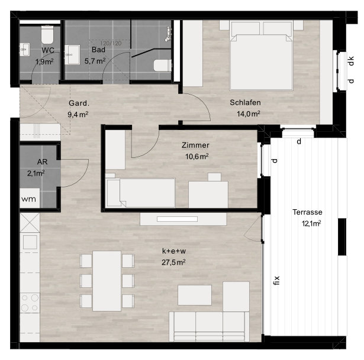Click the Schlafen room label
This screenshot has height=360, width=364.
[245, 102]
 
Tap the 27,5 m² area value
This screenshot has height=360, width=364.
[173, 262]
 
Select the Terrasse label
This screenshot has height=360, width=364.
[307, 212]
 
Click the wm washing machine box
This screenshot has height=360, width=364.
[30, 198]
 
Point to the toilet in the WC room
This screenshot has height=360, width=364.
[47, 34]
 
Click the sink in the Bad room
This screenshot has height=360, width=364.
[72, 55]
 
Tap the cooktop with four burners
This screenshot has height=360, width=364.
[30, 303]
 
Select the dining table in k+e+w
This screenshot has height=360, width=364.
[107, 281]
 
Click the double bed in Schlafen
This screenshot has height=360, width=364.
[261, 55]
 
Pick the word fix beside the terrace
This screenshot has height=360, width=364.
[276, 280]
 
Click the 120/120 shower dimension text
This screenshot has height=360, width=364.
[111, 43]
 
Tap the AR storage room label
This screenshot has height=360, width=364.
[42, 162]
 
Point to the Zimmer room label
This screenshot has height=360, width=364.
[195, 145]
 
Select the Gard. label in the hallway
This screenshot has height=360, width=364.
[79, 103]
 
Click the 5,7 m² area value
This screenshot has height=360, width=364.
[95, 61]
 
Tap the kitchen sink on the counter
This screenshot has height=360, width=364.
[30, 242]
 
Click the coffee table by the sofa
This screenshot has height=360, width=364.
[195, 295]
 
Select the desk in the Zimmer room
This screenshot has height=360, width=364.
[208, 194]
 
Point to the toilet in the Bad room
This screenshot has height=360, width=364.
[163, 66]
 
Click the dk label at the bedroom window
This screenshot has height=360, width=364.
[351, 61]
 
